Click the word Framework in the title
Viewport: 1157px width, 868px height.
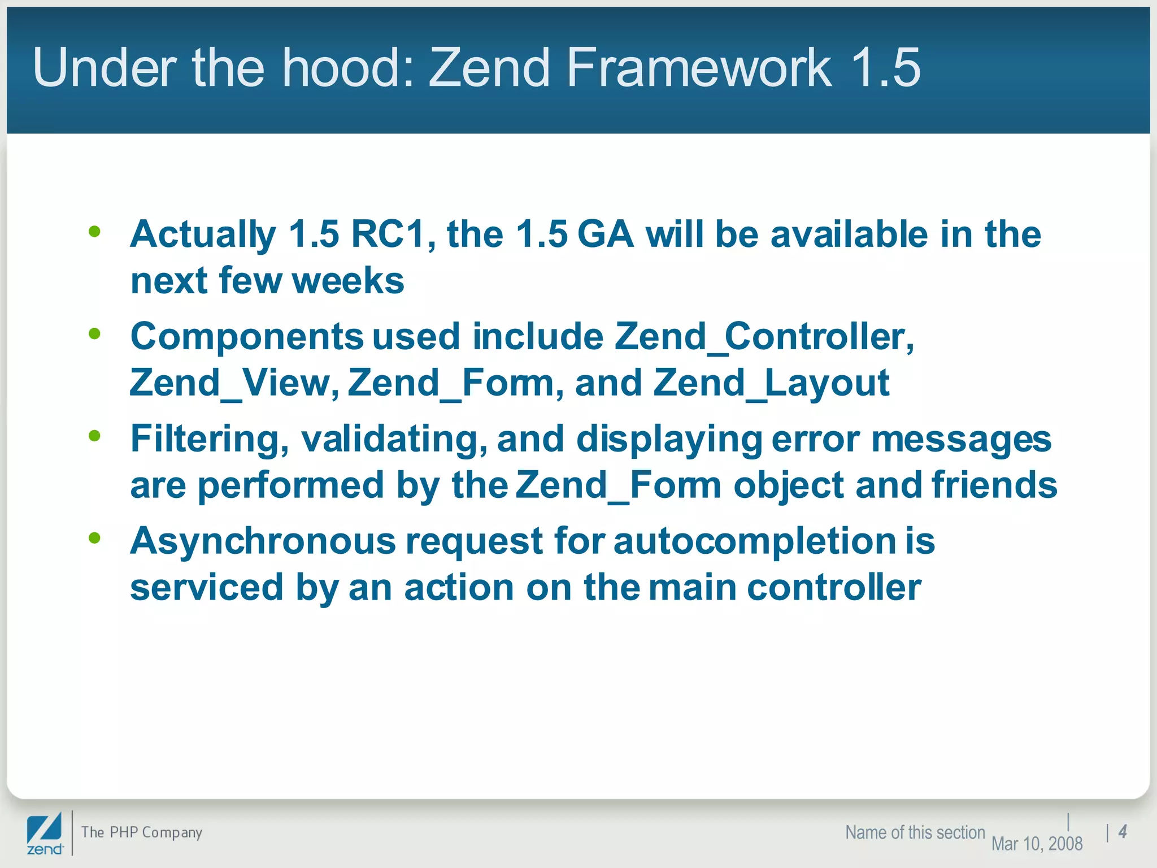(699, 68)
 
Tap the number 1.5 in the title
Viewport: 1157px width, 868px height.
(885, 68)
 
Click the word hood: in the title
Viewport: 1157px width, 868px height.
(349, 68)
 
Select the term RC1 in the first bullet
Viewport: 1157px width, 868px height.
(388, 234)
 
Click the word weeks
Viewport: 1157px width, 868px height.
(348, 281)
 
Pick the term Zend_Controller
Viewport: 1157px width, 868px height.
(763, 337)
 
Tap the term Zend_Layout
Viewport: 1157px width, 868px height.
(771, 383)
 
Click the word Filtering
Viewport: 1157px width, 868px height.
(210, 440)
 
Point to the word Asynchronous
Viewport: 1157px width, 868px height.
(263, 541)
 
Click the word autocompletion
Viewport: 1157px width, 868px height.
(754, 541)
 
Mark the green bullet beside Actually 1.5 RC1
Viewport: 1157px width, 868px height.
(95, 231)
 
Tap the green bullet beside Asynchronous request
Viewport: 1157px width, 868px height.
(95, 538)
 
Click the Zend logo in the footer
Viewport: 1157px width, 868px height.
(45, 834)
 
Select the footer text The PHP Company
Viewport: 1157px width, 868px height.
(141, 832)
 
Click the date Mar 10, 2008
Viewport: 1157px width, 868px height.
(1037, 844)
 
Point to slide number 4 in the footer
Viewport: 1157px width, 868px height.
(1123, 832)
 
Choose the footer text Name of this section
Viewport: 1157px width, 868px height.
(915, 832)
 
